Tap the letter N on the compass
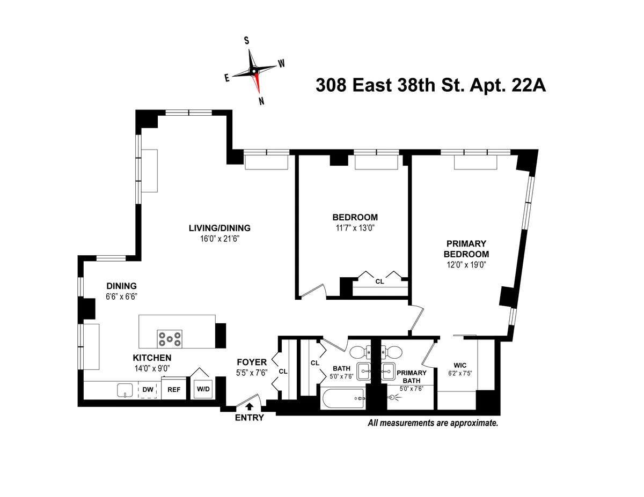click(x=261, y=101)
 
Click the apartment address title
click(x=430, y=85)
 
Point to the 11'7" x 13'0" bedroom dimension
click(x=355, y=228)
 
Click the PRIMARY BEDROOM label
click(x=466, y=249)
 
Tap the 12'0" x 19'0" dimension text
click(x=466, y=264)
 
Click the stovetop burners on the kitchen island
click(x=169, y=339)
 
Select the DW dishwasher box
click(x=147, y=390)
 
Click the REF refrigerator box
click(x=174, y=390)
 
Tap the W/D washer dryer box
click(x=203, y=389)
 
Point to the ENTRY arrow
click(x=250, y=407)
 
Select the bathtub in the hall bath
click(x=342, y=399)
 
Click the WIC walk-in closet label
click(x=460, y=365)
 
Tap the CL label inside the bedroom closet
click(x=379, y=280)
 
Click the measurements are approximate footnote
click(x=433, y=423)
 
